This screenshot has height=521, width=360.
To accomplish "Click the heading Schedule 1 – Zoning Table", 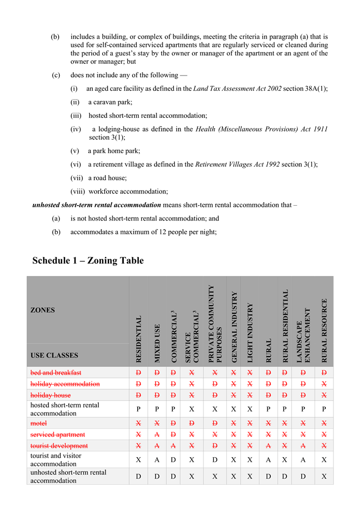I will (x=88, y=261).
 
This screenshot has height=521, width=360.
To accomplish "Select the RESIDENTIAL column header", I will (x=139, y=339).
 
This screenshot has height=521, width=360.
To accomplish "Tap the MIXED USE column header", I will (x=157, y=343).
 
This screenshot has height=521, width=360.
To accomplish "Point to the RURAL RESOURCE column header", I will (x=324, y=330).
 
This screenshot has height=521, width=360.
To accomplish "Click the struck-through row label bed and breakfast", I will (x=56, y=373).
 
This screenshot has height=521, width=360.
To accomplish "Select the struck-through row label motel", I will (x=38, y=423).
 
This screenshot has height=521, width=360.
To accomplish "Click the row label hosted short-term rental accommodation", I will (x=65, y=409).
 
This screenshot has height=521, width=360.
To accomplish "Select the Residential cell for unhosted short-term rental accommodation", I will (x=139, y=477).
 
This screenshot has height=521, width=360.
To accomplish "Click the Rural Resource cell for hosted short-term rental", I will (x=324, y=409).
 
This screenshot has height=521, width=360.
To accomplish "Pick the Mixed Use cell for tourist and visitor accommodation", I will (x=157, y=460).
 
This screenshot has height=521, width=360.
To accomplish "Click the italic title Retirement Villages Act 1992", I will (x=237, y=164).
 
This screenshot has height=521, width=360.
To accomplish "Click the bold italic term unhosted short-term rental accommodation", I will (x=96, y=205).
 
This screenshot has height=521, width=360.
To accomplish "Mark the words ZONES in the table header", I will (x=43, y=310).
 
